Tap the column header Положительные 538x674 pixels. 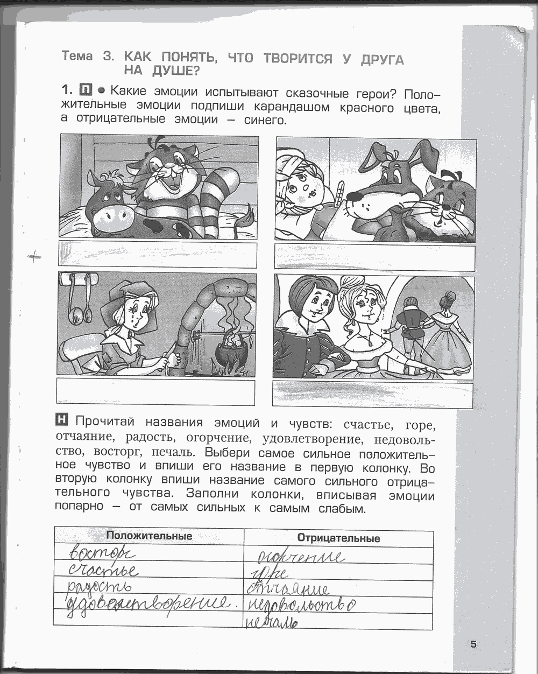(x=149, y=536)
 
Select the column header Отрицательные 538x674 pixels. (x=338, y=538)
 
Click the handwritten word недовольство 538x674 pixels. (x=301, y=605)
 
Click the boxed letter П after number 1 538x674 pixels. (x=85, y=89)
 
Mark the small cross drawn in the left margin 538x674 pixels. (x=34, y=258)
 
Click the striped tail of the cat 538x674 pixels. (x=221, y=199)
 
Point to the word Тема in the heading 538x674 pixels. (x=77, y=56)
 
